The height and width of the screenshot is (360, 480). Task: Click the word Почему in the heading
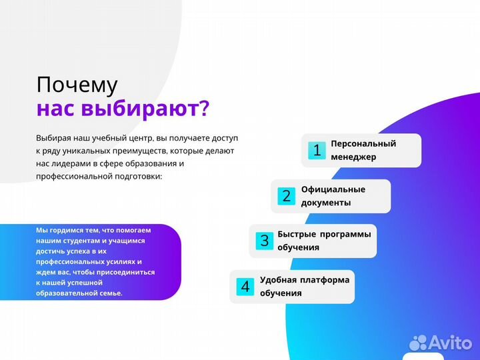point(77,85)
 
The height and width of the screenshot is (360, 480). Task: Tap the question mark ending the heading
point(205,109)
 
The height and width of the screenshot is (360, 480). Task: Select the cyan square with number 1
point(317,151)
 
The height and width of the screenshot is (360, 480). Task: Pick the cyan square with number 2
point(287,196)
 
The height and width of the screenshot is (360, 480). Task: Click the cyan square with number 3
point(264,241)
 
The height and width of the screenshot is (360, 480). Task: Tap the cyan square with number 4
point(245,287)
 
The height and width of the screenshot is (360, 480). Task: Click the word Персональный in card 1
point(363,143)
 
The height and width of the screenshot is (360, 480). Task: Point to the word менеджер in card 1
point(353,157)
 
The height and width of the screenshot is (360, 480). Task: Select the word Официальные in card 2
point(333,189)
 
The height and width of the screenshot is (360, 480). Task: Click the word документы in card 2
point(326,203)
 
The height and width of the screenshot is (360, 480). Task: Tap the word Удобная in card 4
point(278,280)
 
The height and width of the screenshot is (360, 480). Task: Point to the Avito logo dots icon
point(419,342)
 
